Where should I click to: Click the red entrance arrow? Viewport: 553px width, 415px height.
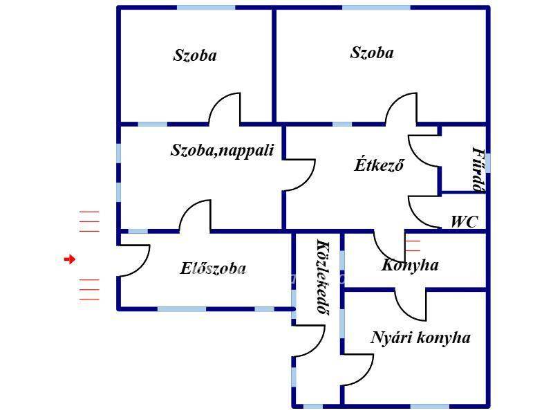pyautogui.click(x=69, y=259)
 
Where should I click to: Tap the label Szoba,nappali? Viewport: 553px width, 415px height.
pyautogui.click(x=222, y=150)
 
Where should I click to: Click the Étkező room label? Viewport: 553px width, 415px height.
pyautogui.click(x=379, y=165)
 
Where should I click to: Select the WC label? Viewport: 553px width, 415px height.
pyautogui.click(x=464, y=222)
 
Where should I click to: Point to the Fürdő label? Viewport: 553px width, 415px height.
pyautogui.click(x=477, y=169)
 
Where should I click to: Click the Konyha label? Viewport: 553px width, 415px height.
pyautogui.click(x=410, y=265)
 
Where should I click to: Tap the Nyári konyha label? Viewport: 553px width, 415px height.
pyautogui.click(x=420, y=338)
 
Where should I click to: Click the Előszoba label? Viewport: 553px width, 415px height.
pyautogui.click(x=213, y=269)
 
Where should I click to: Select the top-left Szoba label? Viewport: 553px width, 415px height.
pyautogui.click(x=194, y=55)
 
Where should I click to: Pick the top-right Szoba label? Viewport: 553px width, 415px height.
pyautogui.click(x=372, y=53)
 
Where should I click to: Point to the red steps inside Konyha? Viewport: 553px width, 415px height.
pyautogui.click(x=413, y=244)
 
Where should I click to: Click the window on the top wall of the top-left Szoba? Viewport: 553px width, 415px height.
pyautogui.click(x=205, y=8)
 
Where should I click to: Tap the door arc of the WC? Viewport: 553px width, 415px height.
pyautogui.click(x=423, y=211)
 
